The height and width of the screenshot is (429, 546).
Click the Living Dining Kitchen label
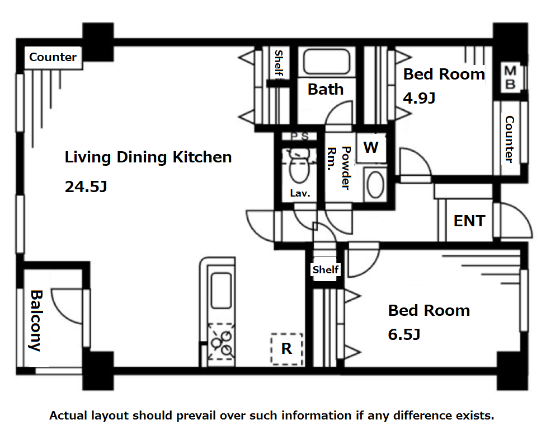coord(148,157)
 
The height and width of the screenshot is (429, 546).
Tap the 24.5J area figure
coord(86,187)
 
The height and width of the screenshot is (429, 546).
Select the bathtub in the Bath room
coord(326,62)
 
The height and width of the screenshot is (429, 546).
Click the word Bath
coord(326,89)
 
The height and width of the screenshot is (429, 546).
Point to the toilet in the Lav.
coord(299,166)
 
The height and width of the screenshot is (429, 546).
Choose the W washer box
coord(371,147)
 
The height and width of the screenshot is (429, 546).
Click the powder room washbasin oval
coord(376,184)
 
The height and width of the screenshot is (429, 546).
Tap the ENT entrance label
coord(469,221)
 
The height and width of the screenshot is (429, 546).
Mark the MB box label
coord(510,77)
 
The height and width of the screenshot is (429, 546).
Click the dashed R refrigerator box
coord(286,349)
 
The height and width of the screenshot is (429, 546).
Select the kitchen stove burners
coord(221,342)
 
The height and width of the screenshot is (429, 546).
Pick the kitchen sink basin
coord(221,291)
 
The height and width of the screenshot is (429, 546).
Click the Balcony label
coord(36,320)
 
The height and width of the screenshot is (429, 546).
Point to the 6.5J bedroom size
coord(404,334)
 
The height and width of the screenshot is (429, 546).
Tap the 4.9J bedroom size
coord(419,98)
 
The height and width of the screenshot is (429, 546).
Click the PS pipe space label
coord(300,136)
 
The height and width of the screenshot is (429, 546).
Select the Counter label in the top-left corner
coord(53,57)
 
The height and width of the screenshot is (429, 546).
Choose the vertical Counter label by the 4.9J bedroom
coord(509,139)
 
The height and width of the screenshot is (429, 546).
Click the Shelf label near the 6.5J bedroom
coord(326,269)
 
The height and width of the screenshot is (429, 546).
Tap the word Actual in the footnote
coord(68,416)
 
